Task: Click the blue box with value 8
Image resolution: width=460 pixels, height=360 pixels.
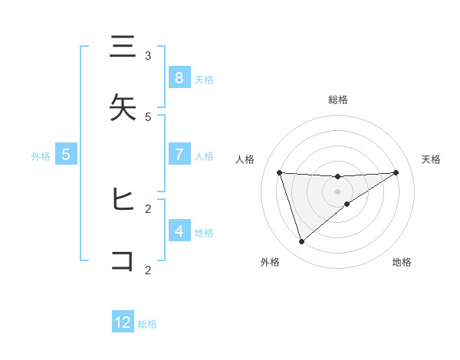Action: [179, 77]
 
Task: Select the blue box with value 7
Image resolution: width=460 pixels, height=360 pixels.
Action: [179, 155]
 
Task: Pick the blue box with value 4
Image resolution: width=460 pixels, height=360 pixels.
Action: [179, 231]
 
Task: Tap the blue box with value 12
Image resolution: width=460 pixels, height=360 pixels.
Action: [123, 322]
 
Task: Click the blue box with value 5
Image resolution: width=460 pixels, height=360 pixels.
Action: [66, 155]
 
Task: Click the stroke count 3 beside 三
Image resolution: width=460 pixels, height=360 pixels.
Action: [148, 56]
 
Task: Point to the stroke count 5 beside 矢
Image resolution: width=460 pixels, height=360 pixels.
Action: [148, 116]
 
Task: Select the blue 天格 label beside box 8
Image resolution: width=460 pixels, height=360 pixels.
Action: [204, 79]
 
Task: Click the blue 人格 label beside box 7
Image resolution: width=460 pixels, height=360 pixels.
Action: [204, 155]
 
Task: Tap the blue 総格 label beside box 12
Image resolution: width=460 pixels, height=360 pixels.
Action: [147, 324]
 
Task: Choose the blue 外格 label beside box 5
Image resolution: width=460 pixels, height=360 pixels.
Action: [41, 155]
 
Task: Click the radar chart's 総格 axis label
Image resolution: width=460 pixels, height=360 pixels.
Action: [338, 100]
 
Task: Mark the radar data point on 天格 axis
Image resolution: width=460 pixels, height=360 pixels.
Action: [396, 172]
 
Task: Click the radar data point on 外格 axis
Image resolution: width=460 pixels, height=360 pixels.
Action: [301, 242]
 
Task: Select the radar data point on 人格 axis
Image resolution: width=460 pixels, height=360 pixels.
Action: [279, 172]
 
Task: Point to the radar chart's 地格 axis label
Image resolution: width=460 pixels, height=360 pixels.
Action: [402, 263]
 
